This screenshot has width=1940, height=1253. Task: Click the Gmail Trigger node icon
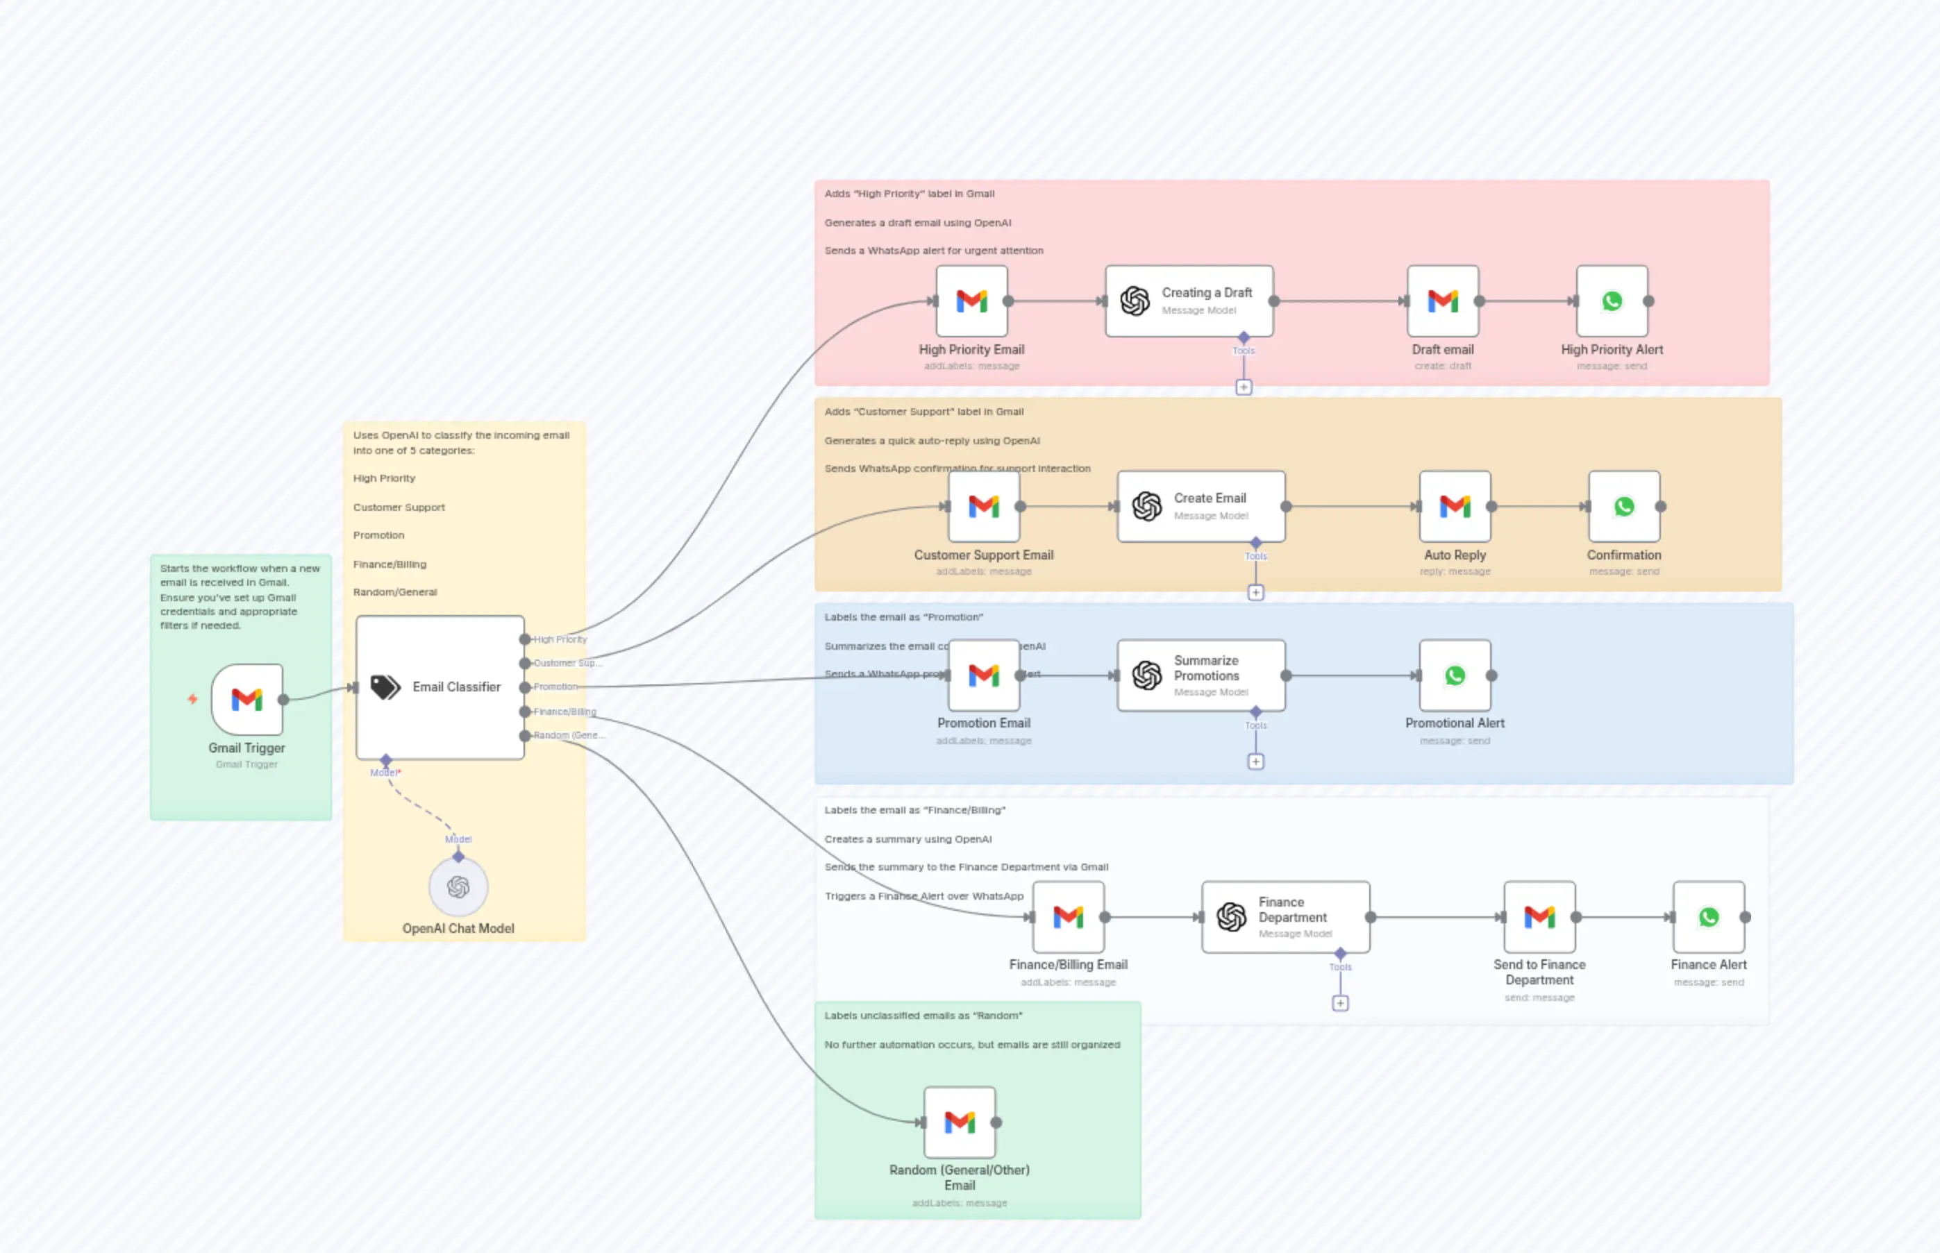coord(246,699)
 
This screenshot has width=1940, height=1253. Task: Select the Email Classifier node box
coord(440,687)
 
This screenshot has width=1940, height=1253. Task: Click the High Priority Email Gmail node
coord(971,301)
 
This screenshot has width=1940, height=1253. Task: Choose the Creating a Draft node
coord(1189,301)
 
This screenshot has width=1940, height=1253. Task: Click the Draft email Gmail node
coord(1443,301)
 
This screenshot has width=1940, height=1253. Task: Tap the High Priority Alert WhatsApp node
coord(1612,301)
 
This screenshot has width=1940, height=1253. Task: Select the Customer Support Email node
coord(984,506)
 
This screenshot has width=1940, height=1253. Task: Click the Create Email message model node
coord(1201,506)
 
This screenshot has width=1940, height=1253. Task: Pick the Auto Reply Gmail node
coord(1455,506)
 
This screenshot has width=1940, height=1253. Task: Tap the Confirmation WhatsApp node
coord(1623,506)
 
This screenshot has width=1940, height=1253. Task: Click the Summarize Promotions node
coord(1201,675)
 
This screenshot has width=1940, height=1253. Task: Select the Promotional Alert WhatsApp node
coord(1455,675)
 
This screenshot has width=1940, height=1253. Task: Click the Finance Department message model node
coord(1286,917)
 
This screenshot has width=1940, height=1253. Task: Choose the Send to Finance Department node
coord(1539,917)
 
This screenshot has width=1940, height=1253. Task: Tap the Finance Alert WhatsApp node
coord(1708,917)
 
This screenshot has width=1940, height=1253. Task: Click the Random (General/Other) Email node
coord(960,1122)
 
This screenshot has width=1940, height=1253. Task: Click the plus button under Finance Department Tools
coord(1340,1003)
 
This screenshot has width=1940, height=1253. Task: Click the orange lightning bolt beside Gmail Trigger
coord(193,699)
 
